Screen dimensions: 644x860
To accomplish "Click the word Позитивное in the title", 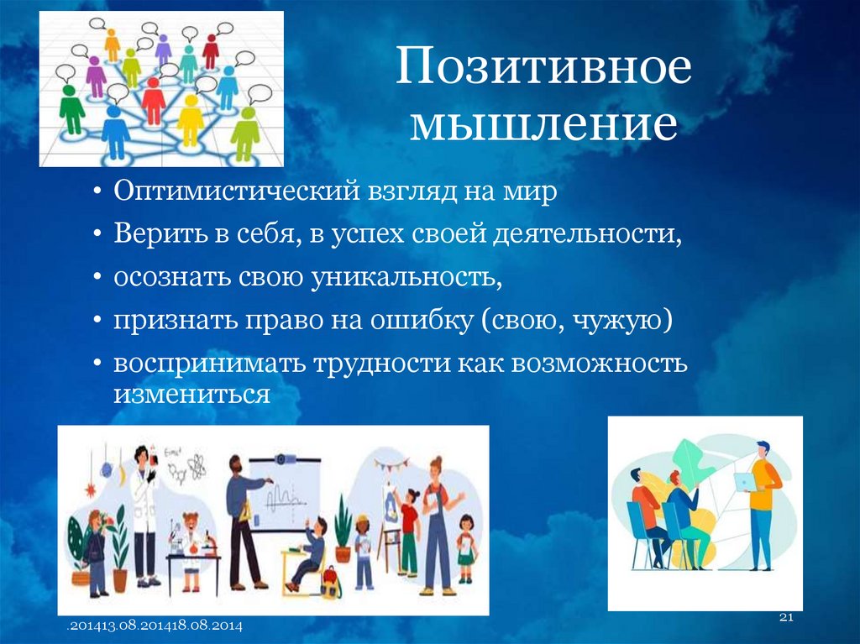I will [543, 70].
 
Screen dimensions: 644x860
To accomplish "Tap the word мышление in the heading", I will [543, 124].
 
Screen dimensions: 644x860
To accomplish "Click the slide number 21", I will [787, 619].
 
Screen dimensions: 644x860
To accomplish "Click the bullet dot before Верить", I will [99, 235].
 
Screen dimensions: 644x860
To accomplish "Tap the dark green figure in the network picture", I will [71, 109].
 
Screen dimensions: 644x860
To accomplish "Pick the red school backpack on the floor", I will [331, 580].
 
